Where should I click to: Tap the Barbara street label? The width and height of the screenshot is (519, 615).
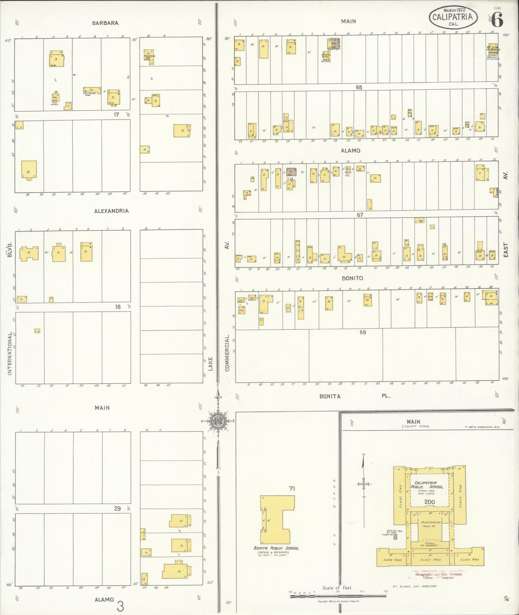click(x=105, y=23)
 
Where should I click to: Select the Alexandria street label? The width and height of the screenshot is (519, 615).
click(x=111, y=211)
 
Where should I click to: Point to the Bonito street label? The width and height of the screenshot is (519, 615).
click(x=352, y=278)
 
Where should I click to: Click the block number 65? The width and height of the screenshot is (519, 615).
click(x=359, y=87)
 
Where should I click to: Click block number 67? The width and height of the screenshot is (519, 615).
click(x=360, y=215)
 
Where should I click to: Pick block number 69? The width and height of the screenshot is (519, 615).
click(x=363, y=332)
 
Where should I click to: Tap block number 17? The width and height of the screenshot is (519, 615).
click(x=116, y=114)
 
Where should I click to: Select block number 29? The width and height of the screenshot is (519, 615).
click(x=117, y=508)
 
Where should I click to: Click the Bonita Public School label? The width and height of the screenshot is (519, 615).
click(x=276, y=548)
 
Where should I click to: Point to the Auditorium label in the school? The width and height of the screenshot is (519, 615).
click(x=431, y=523)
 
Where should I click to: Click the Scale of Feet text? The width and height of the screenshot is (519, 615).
click(x=337, y=588)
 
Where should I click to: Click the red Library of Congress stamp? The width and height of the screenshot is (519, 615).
click(x=438, y=575)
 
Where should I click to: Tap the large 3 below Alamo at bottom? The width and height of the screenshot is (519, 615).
click(x=120, y=606)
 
